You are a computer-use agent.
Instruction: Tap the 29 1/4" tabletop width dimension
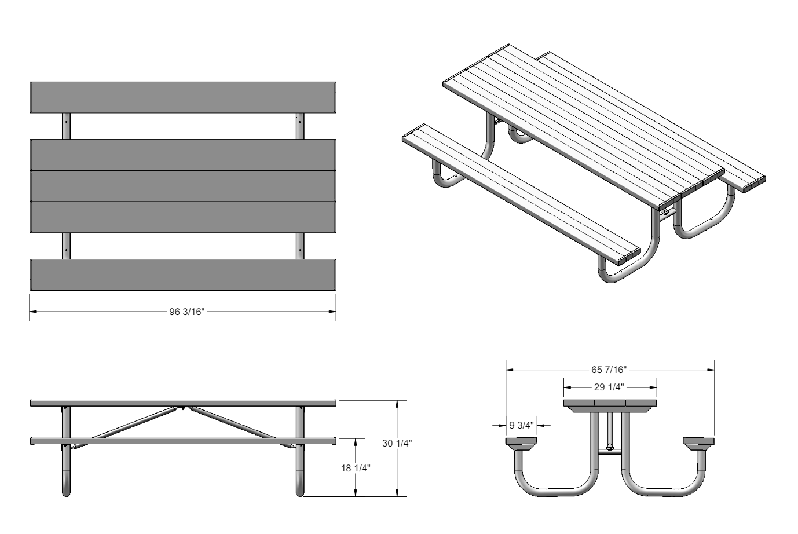tap(609, 387)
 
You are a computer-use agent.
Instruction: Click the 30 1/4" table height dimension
tap(397, 443)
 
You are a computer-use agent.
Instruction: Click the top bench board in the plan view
tap(183, 97)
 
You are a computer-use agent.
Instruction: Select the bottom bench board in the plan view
tap(183, 274)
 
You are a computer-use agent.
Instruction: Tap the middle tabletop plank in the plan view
tap(183, 186)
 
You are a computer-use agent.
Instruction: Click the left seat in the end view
tap(521, 443)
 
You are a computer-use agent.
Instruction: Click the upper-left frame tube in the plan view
tap(67, 126)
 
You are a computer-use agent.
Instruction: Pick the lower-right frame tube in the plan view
tap(299, 246)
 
